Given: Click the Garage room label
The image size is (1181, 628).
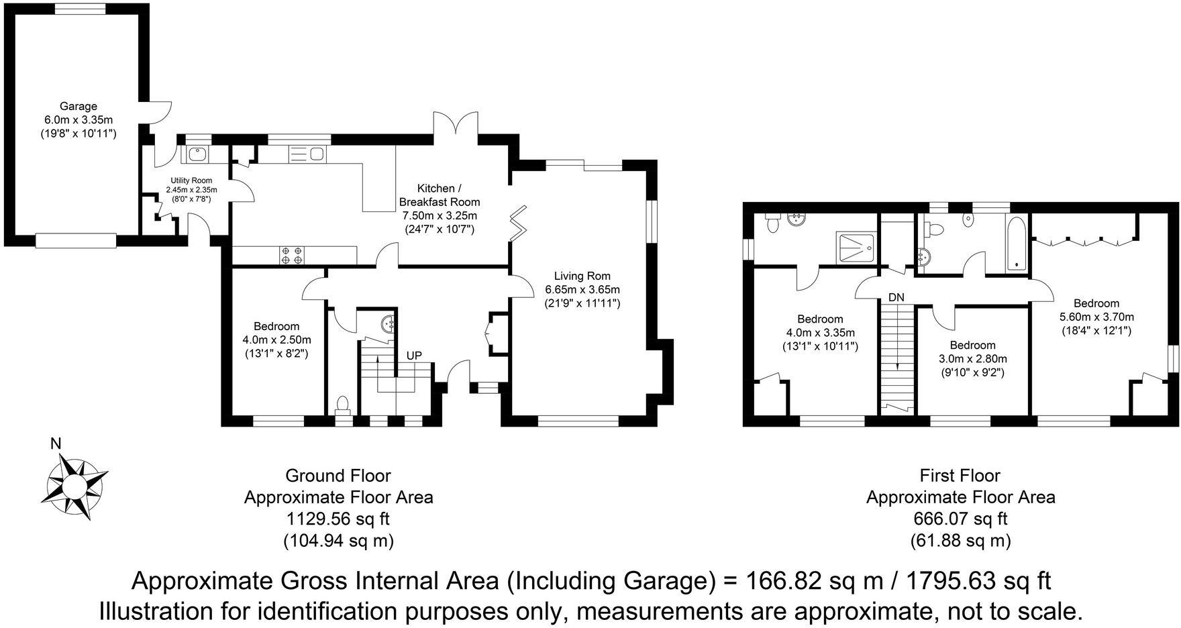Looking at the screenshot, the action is click(x=79, y=106).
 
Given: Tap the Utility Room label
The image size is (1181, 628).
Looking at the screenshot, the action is click(x=191, y=180).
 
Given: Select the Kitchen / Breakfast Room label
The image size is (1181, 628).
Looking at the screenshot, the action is click(x=440, y=195).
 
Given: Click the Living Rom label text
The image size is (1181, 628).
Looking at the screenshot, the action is click(x=582, y=276).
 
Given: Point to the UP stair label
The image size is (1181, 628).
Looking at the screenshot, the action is click(x=414, y=355).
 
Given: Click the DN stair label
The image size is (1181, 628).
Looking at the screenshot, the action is click(x=896, y=297).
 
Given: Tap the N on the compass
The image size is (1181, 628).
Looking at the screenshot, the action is click(x=56, y=443).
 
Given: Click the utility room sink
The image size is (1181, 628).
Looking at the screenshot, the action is click(x=197, y=154).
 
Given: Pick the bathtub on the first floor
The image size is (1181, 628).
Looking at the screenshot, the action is click(x=1017, y=244).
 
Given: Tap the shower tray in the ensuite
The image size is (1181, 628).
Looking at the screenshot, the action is click(x=856, y=248).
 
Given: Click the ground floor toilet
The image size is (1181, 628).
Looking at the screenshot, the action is click(x=342, y=406).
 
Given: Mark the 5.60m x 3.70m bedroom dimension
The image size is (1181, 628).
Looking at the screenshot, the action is click(x=1096, y=317).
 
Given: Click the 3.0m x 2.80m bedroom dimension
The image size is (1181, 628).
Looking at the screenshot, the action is click(x=972, y=359).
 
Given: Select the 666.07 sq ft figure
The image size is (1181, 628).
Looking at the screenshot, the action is click(x=960, y=519).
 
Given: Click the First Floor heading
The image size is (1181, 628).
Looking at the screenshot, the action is click(x=960, y=476).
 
